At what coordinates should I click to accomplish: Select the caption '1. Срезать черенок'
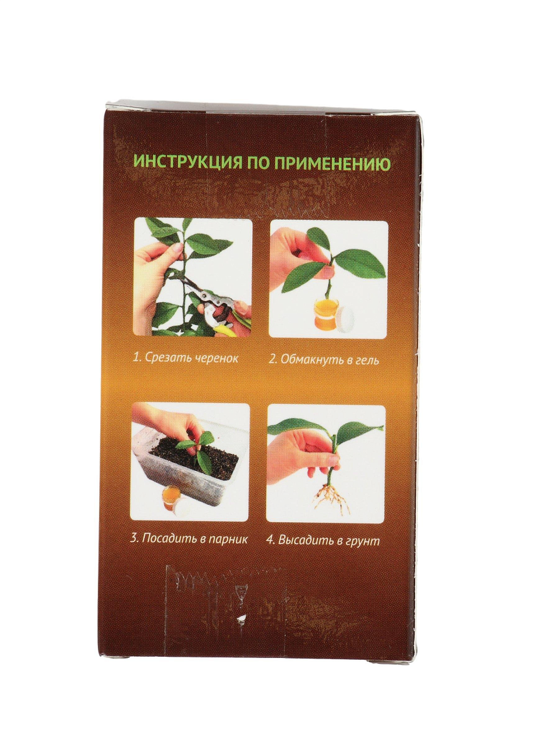coord(186,358)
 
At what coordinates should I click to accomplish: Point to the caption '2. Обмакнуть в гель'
coord(324,359)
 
